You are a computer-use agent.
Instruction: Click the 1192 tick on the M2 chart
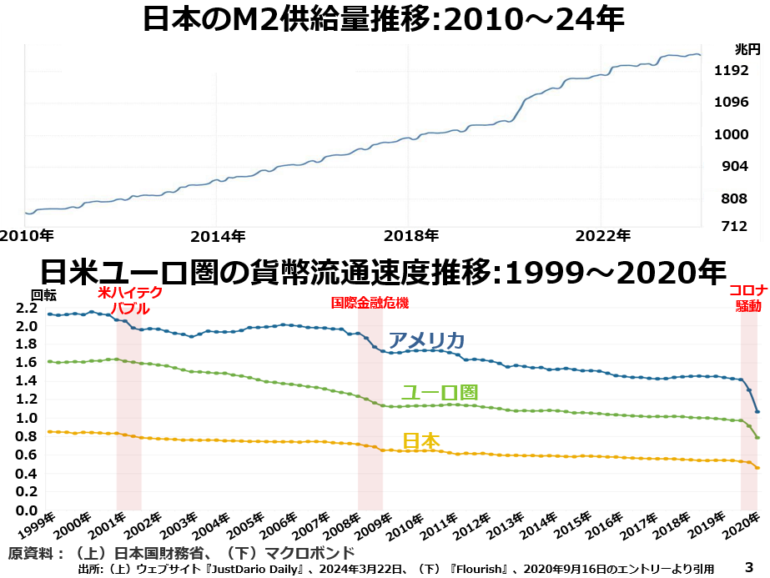point(732,71)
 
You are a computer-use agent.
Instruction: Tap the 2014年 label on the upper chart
point(218,235)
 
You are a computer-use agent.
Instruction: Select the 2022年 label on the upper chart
point(603,235)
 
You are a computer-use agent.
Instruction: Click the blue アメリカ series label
point(427,340)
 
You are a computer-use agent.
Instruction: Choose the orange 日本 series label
point(421,441)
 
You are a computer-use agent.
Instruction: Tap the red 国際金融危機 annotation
point(370,304)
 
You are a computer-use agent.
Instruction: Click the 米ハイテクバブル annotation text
point(129,300)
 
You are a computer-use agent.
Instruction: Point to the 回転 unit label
point(44,294)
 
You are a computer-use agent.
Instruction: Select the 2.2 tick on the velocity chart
point(27,308)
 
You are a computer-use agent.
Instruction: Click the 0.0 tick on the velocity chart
point(27,510)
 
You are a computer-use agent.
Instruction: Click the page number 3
point(748,565)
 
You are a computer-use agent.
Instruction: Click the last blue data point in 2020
point(757,411)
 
